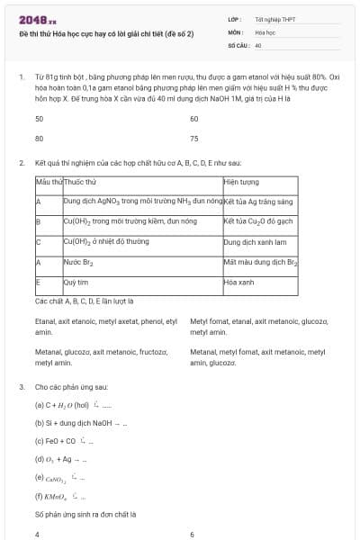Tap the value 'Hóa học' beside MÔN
[x=265, y=31]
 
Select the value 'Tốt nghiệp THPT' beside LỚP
[x=275, y=19]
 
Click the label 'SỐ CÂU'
[x=238, y=44]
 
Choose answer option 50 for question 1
[x=39, y=119]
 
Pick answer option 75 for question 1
[x=194, y=139]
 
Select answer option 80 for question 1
[x=39, y=139]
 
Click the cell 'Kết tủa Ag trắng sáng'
[x=258, y=202]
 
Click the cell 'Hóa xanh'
[x=239, y=282]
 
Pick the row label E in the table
[x=38, y=282]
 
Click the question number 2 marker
[x=21, y=163]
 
